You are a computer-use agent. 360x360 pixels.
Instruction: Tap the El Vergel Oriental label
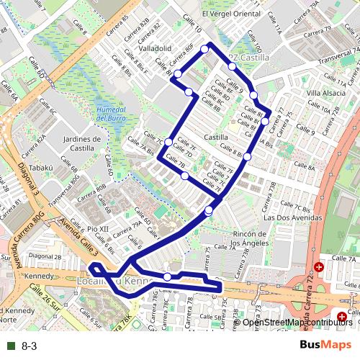tap(230, 13)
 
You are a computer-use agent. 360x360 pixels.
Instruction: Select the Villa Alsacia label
tap(325, 93)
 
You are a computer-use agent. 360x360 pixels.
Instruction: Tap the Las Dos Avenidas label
tap(288, 217)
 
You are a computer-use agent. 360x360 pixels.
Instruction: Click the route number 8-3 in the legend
tap(30, 346)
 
